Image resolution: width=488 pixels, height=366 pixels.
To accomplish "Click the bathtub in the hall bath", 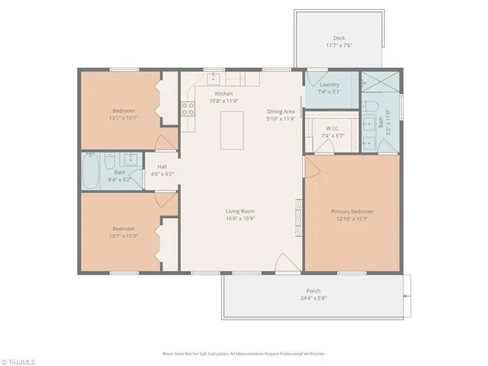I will click(x=90, y=172).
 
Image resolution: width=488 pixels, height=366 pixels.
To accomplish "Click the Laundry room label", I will click(x=329, y=85).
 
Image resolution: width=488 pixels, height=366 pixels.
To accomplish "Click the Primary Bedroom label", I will click(x=352, y=211).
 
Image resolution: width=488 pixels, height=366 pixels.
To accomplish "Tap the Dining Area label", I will click(x=281, y=111).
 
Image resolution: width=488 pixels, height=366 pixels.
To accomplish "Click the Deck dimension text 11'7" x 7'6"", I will click(x=339, y=47).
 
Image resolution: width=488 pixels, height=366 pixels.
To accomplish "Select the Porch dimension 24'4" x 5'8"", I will click(x=313, y=298).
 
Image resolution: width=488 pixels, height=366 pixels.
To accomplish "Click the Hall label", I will click(x=162, y=166).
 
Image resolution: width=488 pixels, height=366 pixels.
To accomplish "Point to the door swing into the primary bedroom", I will click(x=313, y=166).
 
